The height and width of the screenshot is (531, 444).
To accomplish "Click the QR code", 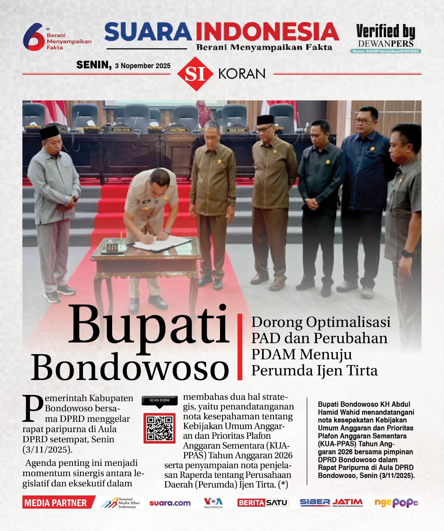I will pyautogui.click(x=159, y=428).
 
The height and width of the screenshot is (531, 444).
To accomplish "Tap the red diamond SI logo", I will pyautogui.click(x=195, y=74).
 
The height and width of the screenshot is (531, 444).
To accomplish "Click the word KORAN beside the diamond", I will pyautogui.click(x=242, y=74).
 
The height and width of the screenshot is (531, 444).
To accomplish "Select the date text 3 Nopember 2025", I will pyautogui.click(x=143, y=66).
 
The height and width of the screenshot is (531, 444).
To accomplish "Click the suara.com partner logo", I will pyautogui.click(x=170, y=503).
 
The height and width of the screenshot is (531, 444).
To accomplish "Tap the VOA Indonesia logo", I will pyautogui.click(x=213, y=502).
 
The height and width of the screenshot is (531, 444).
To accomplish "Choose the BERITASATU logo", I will pyautogui.click(x=262, y=502).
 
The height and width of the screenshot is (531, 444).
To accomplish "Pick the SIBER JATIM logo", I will pyautogui.click(x=331, y=502).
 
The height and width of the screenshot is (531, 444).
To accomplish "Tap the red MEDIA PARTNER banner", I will pyautogui.click(x=56, y=502).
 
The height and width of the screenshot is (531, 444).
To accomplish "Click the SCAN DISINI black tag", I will pyautogui.click(x=159, y=400).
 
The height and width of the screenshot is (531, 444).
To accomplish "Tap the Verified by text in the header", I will pyautogui.click(x=385, y=31).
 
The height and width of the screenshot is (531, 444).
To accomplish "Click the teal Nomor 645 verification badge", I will pyautogui.click(x=385, y=51).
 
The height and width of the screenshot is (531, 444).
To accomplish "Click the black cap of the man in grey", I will pyautogui.click(x=49, y=132).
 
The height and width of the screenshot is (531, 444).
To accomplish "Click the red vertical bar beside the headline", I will pyautogui.click(x=240, y=346).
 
